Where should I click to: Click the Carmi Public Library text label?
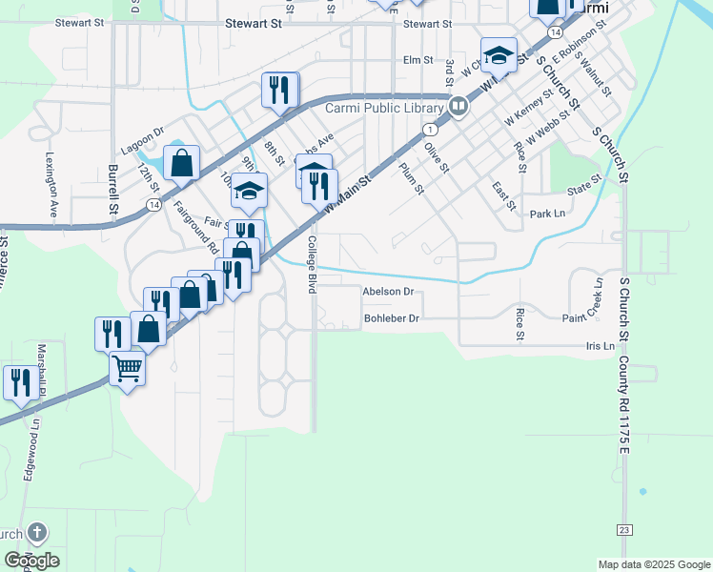[384, 108]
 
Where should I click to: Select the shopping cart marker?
[127, 366]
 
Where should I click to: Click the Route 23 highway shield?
[624, 529]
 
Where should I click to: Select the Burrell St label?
[113, 189]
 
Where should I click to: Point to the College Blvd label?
[312, 264]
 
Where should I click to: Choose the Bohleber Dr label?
[392, 318]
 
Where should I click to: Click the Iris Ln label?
[601, 346]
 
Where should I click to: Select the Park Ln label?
[547, 214]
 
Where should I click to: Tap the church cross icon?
[36, 532]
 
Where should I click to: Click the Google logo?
[31, 561]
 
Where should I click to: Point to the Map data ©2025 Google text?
[653, 564]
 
